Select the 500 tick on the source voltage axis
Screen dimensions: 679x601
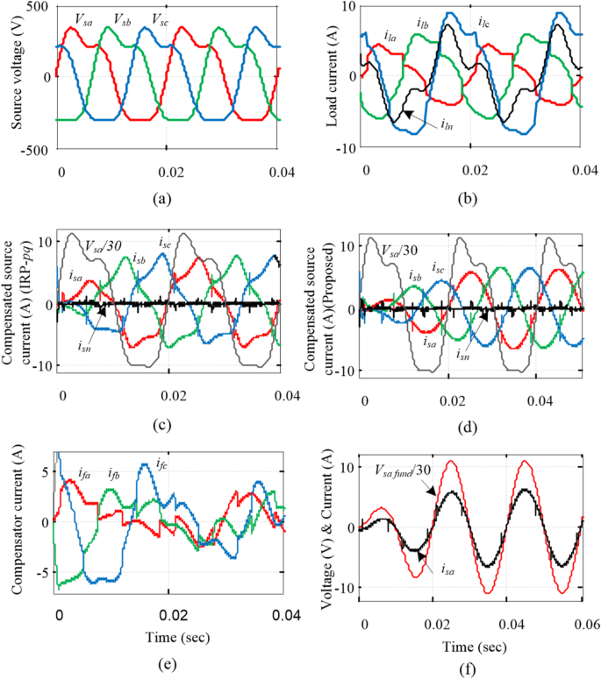(35, 7)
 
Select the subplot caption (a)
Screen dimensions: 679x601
(161, 200)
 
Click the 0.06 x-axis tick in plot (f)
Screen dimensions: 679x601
(581, 620)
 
